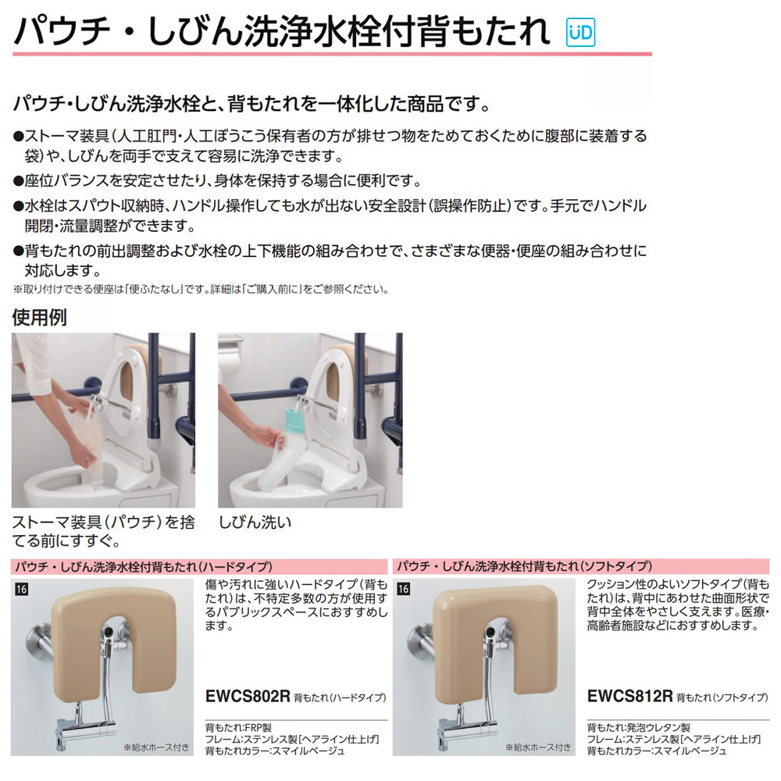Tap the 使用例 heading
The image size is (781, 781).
[39, 318]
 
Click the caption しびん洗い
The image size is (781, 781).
[255, 520]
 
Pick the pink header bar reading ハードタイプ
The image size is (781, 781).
[199, 566]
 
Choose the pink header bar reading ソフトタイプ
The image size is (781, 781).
[582, 566]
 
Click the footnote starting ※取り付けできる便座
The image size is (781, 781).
[200, 289]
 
